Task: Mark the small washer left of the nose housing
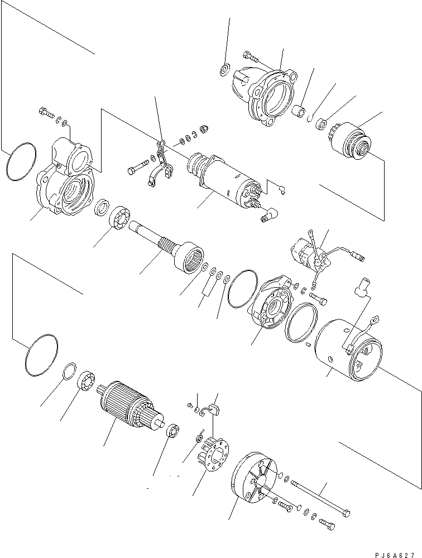click(224, 70)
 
